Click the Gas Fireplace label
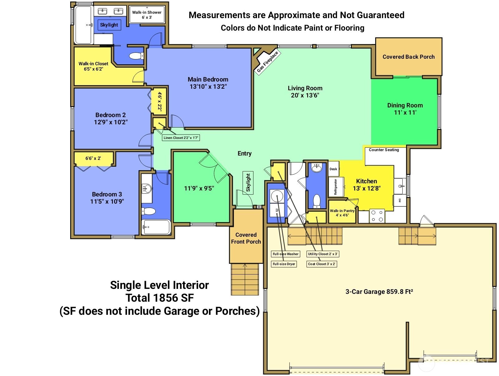tap(268, 62)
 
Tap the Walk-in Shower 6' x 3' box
tap(147, 14)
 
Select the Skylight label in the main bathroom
tap(109, 25)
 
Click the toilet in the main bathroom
tap(136, 56)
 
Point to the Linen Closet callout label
tap(181, 138)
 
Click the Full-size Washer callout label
tap(285, 254)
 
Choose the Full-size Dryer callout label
tap(284, 264)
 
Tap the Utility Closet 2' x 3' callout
tap(323, 254)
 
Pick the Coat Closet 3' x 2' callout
tap(322, 264)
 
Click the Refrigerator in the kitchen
tap(336, 187)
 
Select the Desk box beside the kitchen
tap(333, 169)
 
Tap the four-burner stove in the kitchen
tap(377, 216)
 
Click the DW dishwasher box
tap(400, 200)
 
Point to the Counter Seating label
tap(384, 150)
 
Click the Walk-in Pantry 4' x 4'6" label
tap(342, 213)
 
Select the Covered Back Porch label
tap(409, 57)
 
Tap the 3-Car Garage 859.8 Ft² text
tap(379, 292)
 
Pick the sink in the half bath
tap(317, 168)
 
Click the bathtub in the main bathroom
tap(83, 25)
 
